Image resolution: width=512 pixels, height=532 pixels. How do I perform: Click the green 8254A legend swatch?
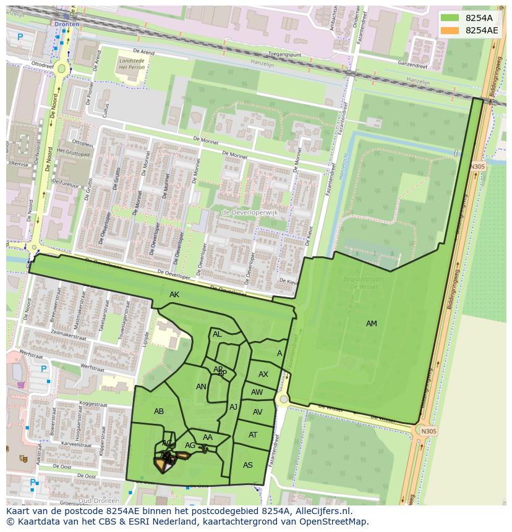tap(450, 17)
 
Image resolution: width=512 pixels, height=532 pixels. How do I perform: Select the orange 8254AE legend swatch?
tap(450, 30)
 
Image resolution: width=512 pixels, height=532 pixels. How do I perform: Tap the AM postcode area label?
tap(371, 324)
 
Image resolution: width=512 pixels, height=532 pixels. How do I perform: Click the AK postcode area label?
tap(174, 295)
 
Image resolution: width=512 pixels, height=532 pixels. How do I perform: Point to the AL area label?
tap(217, 334)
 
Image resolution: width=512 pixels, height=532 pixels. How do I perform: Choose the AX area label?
tap(263, 374)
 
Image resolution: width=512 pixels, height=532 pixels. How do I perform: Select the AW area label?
tap(257, 392)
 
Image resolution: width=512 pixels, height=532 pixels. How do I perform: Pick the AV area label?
tap(258, 412)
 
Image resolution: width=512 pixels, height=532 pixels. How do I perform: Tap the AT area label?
tap(253, 435)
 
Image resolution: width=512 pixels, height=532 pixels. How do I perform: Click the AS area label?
tap(248, 465)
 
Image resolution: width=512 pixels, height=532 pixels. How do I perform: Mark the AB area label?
tap(159, 412)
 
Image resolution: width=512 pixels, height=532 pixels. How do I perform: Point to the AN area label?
tap(201, 387)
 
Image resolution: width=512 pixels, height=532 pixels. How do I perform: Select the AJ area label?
tap(233, 407)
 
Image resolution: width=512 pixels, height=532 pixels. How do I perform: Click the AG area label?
tap(190, 445)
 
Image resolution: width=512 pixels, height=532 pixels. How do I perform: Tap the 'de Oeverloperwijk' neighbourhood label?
tap(250, 213)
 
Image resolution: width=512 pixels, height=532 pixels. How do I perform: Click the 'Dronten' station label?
tap(67, 24)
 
